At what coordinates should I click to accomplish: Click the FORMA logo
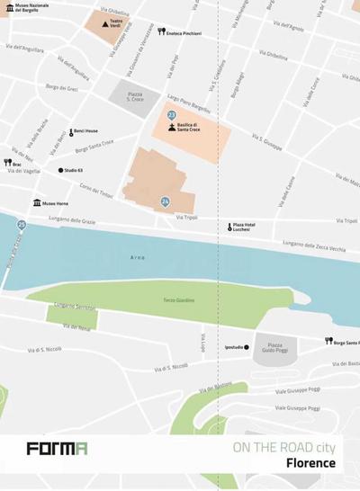(57, 448)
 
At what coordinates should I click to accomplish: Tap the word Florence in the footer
(310, 463)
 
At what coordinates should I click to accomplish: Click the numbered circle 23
(171, 115)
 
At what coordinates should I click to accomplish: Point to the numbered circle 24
(165, 201)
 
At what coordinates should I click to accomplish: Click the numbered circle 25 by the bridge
(21, 225)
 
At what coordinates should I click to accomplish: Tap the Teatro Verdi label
(117, 21)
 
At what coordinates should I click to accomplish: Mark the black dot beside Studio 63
(61, 169)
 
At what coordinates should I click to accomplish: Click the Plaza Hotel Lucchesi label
(245, 227)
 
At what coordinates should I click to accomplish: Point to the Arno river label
(137, 257)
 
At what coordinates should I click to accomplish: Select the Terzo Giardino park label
(179, 300)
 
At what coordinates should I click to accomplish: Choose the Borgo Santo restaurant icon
(328, 342)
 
